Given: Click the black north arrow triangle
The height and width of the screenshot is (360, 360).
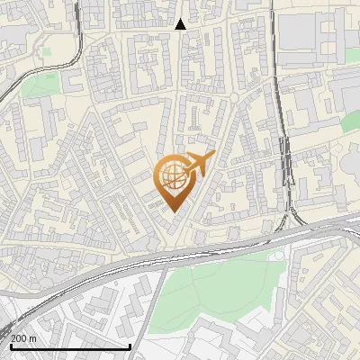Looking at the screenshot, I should [x=181, y=24].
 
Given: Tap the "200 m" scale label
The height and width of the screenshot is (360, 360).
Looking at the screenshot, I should [x=23, y=338].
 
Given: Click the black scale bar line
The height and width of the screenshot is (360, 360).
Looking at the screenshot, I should [x=70, y=346].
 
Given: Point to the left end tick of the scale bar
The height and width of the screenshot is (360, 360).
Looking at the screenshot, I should [x=10, y=345].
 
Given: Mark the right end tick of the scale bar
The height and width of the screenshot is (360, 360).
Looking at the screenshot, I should [x=130, y=345].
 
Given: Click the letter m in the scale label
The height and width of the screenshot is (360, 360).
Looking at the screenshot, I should [x=32, y=338].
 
